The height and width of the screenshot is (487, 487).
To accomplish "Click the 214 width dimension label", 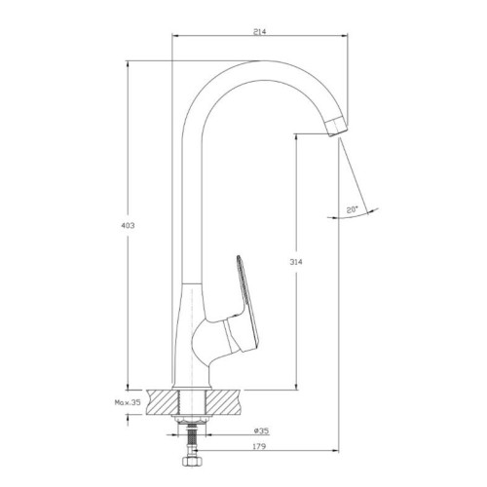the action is click(x=259, y=31).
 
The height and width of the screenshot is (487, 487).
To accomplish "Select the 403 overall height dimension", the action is click(x=128, y=225).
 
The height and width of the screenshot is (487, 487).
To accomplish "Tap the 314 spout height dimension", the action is click(x=296, y=262).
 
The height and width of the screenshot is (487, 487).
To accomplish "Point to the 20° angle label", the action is click(x=352, y=209).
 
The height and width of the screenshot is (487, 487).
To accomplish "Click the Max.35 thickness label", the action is click(x=128, y=402).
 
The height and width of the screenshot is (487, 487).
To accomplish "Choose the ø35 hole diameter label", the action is click(x=261, y=431).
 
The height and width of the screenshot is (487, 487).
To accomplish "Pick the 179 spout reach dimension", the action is click(x=259, y=446).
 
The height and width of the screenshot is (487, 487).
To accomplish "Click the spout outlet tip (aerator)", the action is click(x=337, y=127).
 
